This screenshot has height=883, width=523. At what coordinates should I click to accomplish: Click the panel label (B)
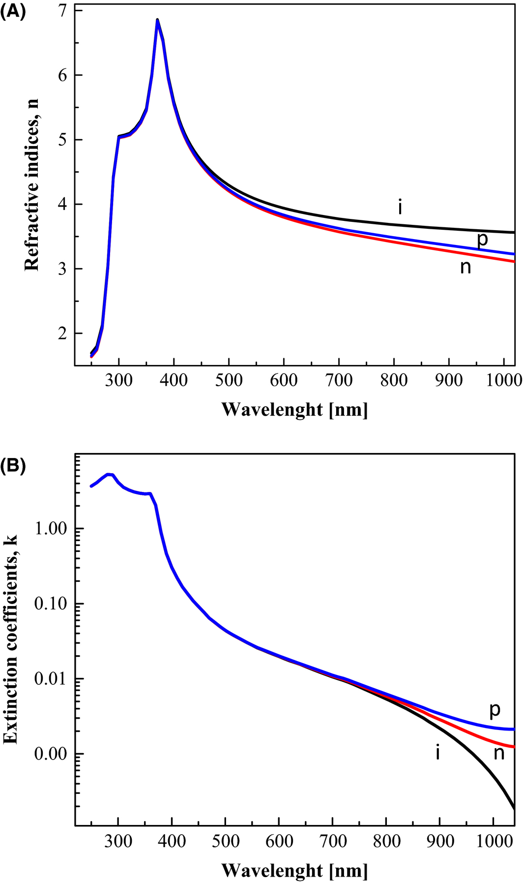12,464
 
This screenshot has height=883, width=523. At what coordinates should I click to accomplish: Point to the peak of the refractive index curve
157,20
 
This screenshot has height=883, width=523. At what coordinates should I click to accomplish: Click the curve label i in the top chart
400,208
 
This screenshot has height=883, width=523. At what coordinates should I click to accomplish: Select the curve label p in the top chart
483,239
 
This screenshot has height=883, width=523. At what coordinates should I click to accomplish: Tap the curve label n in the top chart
465,267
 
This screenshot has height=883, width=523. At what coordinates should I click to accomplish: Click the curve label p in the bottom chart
494,710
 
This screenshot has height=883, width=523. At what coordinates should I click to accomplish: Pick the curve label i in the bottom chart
437,752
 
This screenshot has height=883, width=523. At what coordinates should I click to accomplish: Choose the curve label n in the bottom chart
499,753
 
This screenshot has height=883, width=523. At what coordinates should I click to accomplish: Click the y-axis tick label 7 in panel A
63,11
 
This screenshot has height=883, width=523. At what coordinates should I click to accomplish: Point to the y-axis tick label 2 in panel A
63,334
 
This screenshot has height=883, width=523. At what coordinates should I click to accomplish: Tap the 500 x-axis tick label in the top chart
229,380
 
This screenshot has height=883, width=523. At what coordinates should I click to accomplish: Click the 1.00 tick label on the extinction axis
52,529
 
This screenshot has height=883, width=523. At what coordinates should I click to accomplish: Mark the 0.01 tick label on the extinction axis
52,679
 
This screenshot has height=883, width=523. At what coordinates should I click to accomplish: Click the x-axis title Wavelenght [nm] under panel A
294,409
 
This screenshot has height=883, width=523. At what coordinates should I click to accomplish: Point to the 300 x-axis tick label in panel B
118,841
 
